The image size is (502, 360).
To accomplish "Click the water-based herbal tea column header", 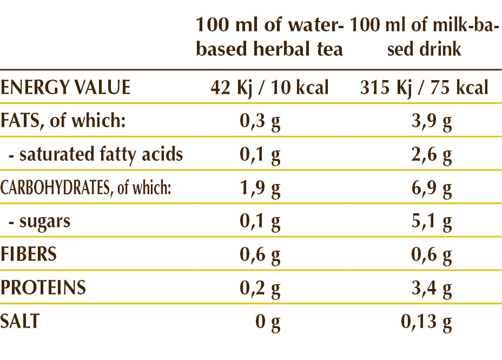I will click(x=269, y=37).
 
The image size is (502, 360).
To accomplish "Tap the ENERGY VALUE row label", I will click(x=65, y=87).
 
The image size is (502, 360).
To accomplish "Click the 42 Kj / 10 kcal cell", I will click(x=269, y=87).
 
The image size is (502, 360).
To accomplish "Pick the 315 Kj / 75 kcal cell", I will click(x=425, y=87).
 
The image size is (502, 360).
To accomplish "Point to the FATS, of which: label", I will click(x=63, y=120).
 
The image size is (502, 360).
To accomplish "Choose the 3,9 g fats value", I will click(x=431, y=121).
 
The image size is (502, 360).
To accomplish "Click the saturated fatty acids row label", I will click(x=96, y=154).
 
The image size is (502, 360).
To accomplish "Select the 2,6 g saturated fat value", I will click(x=431, y=155).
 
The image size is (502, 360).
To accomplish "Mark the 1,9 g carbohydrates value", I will click(x=260, y=189).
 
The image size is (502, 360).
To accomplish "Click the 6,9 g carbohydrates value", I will click(x=431, y=189).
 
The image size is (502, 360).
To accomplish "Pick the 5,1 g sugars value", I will click(x=431, y=222).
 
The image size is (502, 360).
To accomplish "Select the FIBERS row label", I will click(x=29, y=254).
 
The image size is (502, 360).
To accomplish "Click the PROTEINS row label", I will click(x=43, y=287).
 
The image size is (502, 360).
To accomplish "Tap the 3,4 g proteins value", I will click(x=431, y=289).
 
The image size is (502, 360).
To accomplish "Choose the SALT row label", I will click(x=20, y=321).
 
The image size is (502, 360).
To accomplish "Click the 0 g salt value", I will click(x=268, y=322).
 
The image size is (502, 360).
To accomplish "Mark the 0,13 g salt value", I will click(x=426, y=322).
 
